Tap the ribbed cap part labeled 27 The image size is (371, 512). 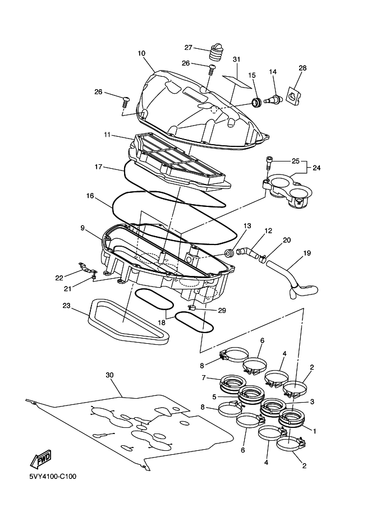click(216, 53)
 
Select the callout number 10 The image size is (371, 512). click(141, 53)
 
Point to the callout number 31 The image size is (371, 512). click(236, 59)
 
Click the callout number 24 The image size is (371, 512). click(317, 168)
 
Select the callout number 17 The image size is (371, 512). click(98, 167)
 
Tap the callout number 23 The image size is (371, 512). click(66, 306)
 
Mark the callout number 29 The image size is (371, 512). click(222, 310)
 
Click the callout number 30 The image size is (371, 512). click(109, 375)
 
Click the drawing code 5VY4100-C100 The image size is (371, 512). click(53, 477)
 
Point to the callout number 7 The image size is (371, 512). click(204, 377)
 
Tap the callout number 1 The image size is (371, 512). click(314, 431)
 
